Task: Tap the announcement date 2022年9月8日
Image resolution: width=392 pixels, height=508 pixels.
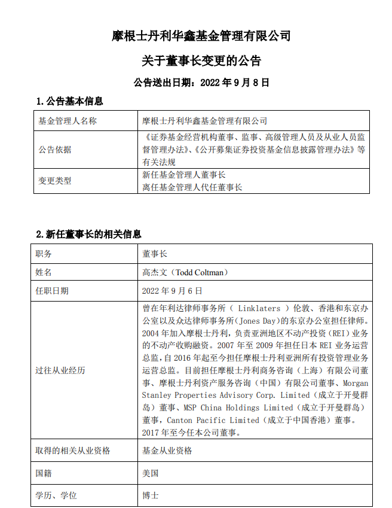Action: point(201,82)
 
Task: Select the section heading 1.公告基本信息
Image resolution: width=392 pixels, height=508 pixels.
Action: point(69,101)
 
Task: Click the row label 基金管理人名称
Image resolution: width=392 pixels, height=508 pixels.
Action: point(68,121)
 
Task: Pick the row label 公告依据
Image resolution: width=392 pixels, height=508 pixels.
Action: point(55,150)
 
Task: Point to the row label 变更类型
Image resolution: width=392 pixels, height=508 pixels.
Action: point(55,181)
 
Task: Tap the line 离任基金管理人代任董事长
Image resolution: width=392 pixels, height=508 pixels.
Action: point(192,187)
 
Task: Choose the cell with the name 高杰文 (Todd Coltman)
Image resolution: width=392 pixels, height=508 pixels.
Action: point(185,272)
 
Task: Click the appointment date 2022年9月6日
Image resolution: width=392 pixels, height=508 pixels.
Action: point(172,291)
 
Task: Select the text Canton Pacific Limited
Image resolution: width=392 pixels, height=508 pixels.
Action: point(203,420)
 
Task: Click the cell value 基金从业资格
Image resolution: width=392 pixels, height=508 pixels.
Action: point(167,451)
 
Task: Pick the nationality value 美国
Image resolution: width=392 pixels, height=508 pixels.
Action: point(151,473)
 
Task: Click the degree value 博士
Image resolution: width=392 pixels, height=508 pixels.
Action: point(151,496)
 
